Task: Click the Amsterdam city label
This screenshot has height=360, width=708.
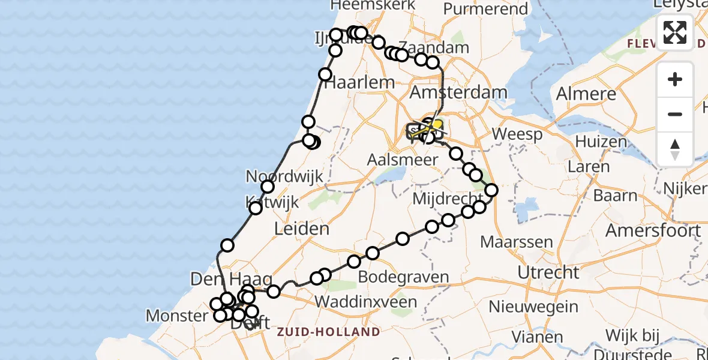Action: [x=458, y=93]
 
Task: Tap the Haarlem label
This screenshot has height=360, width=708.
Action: [x=359, y=83]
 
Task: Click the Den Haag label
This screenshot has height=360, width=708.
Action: [x=232, y=279]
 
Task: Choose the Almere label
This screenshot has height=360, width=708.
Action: [x=586, y=94]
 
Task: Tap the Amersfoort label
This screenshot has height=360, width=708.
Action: [x=653, y=230]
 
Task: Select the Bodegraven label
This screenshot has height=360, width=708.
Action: [x=403, y=277]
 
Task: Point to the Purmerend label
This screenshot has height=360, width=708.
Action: [x=485, y=10]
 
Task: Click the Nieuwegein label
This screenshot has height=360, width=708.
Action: [x=533, y=307]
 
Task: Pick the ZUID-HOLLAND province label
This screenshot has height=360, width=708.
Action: [x=328, y=332]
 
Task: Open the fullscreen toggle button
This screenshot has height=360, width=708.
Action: [x=675, y=32]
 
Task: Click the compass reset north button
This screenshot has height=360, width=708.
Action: [x=675, y=149]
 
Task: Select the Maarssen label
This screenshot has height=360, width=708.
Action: [x=508, y=242]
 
